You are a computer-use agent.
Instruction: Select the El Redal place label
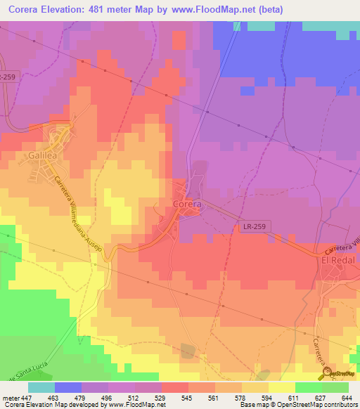click(x=336, y=260)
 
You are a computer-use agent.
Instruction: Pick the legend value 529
click(x=161, y=398)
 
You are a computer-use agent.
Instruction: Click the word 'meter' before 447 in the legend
click(x=10, y=398)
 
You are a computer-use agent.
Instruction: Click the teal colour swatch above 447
click(x=41, y=387)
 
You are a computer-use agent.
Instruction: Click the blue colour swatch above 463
click(x=67, y=387)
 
